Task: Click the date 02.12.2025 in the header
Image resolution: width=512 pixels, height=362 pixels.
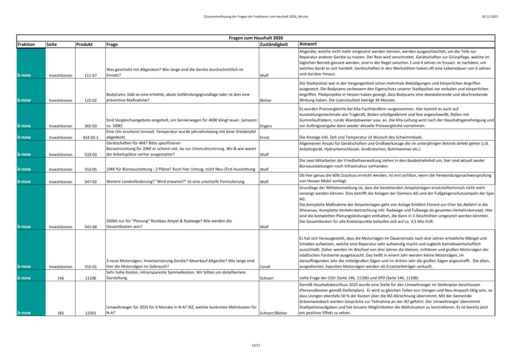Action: [490, 16]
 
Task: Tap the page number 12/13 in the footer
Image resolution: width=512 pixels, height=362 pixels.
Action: [256, 345]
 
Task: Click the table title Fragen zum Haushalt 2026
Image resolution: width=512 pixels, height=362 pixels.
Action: [256, 38]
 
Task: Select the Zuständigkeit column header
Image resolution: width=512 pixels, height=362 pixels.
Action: [274, 44]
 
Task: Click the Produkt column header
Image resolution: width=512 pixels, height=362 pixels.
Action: [84, 44]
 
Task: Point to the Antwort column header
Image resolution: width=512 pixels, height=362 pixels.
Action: [308, 44]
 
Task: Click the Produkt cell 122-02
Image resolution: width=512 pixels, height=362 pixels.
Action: [90, 100]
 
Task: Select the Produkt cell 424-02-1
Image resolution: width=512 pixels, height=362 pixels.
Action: [90, 136]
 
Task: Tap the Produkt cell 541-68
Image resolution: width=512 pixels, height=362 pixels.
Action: [90, 226]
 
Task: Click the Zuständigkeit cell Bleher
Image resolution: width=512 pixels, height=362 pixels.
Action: [266, 100]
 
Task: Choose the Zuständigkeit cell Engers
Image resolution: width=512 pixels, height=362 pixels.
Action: [266, 126]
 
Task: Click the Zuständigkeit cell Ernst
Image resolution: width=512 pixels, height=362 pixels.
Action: [265, 136]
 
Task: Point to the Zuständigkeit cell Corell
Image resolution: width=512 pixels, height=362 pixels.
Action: [266, 266]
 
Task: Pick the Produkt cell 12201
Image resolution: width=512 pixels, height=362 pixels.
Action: [90, 313]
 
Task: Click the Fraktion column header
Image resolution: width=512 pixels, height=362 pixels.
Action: [26, 44]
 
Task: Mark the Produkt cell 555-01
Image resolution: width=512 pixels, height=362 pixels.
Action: [90, 266]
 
